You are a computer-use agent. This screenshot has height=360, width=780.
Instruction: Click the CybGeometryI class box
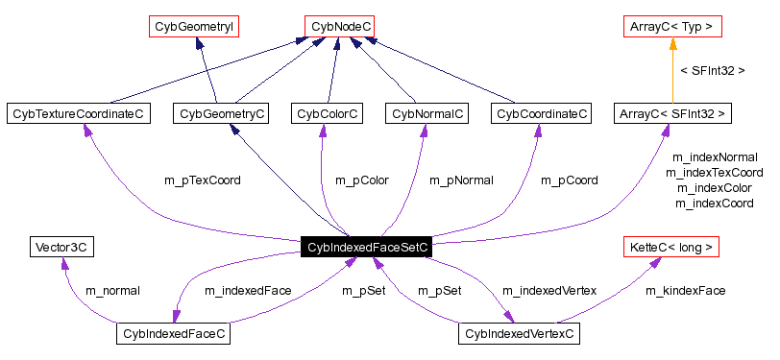click(194, 26)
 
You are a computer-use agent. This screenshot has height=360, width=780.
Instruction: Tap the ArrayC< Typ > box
click(671, 26)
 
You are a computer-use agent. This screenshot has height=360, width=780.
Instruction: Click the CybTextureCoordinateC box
click(79, 114)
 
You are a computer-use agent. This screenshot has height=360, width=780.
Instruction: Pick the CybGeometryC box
click(222, 114)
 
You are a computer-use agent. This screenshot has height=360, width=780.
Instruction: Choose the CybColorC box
click(328, 114)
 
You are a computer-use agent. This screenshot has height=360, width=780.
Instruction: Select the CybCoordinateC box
click(541, 114)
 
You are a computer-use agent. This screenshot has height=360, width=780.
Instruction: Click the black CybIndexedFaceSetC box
click(365, 247)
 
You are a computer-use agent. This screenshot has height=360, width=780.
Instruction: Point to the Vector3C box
click(62, 247)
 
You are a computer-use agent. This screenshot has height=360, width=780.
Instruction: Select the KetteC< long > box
click(671, 247)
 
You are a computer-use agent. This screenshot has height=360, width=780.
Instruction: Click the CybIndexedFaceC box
click(174, 334)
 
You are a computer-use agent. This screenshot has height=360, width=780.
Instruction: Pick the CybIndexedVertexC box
click(518, 334)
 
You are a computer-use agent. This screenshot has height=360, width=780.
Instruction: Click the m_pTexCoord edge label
click(203, 180)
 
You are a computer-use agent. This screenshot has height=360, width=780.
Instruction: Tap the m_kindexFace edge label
click(685, 290)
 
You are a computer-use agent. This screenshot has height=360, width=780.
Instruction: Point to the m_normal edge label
click(112, 290)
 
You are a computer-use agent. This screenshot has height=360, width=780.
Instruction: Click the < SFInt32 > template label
click(712, 70)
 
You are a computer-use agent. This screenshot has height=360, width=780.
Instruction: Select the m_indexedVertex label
click(549, 290)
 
